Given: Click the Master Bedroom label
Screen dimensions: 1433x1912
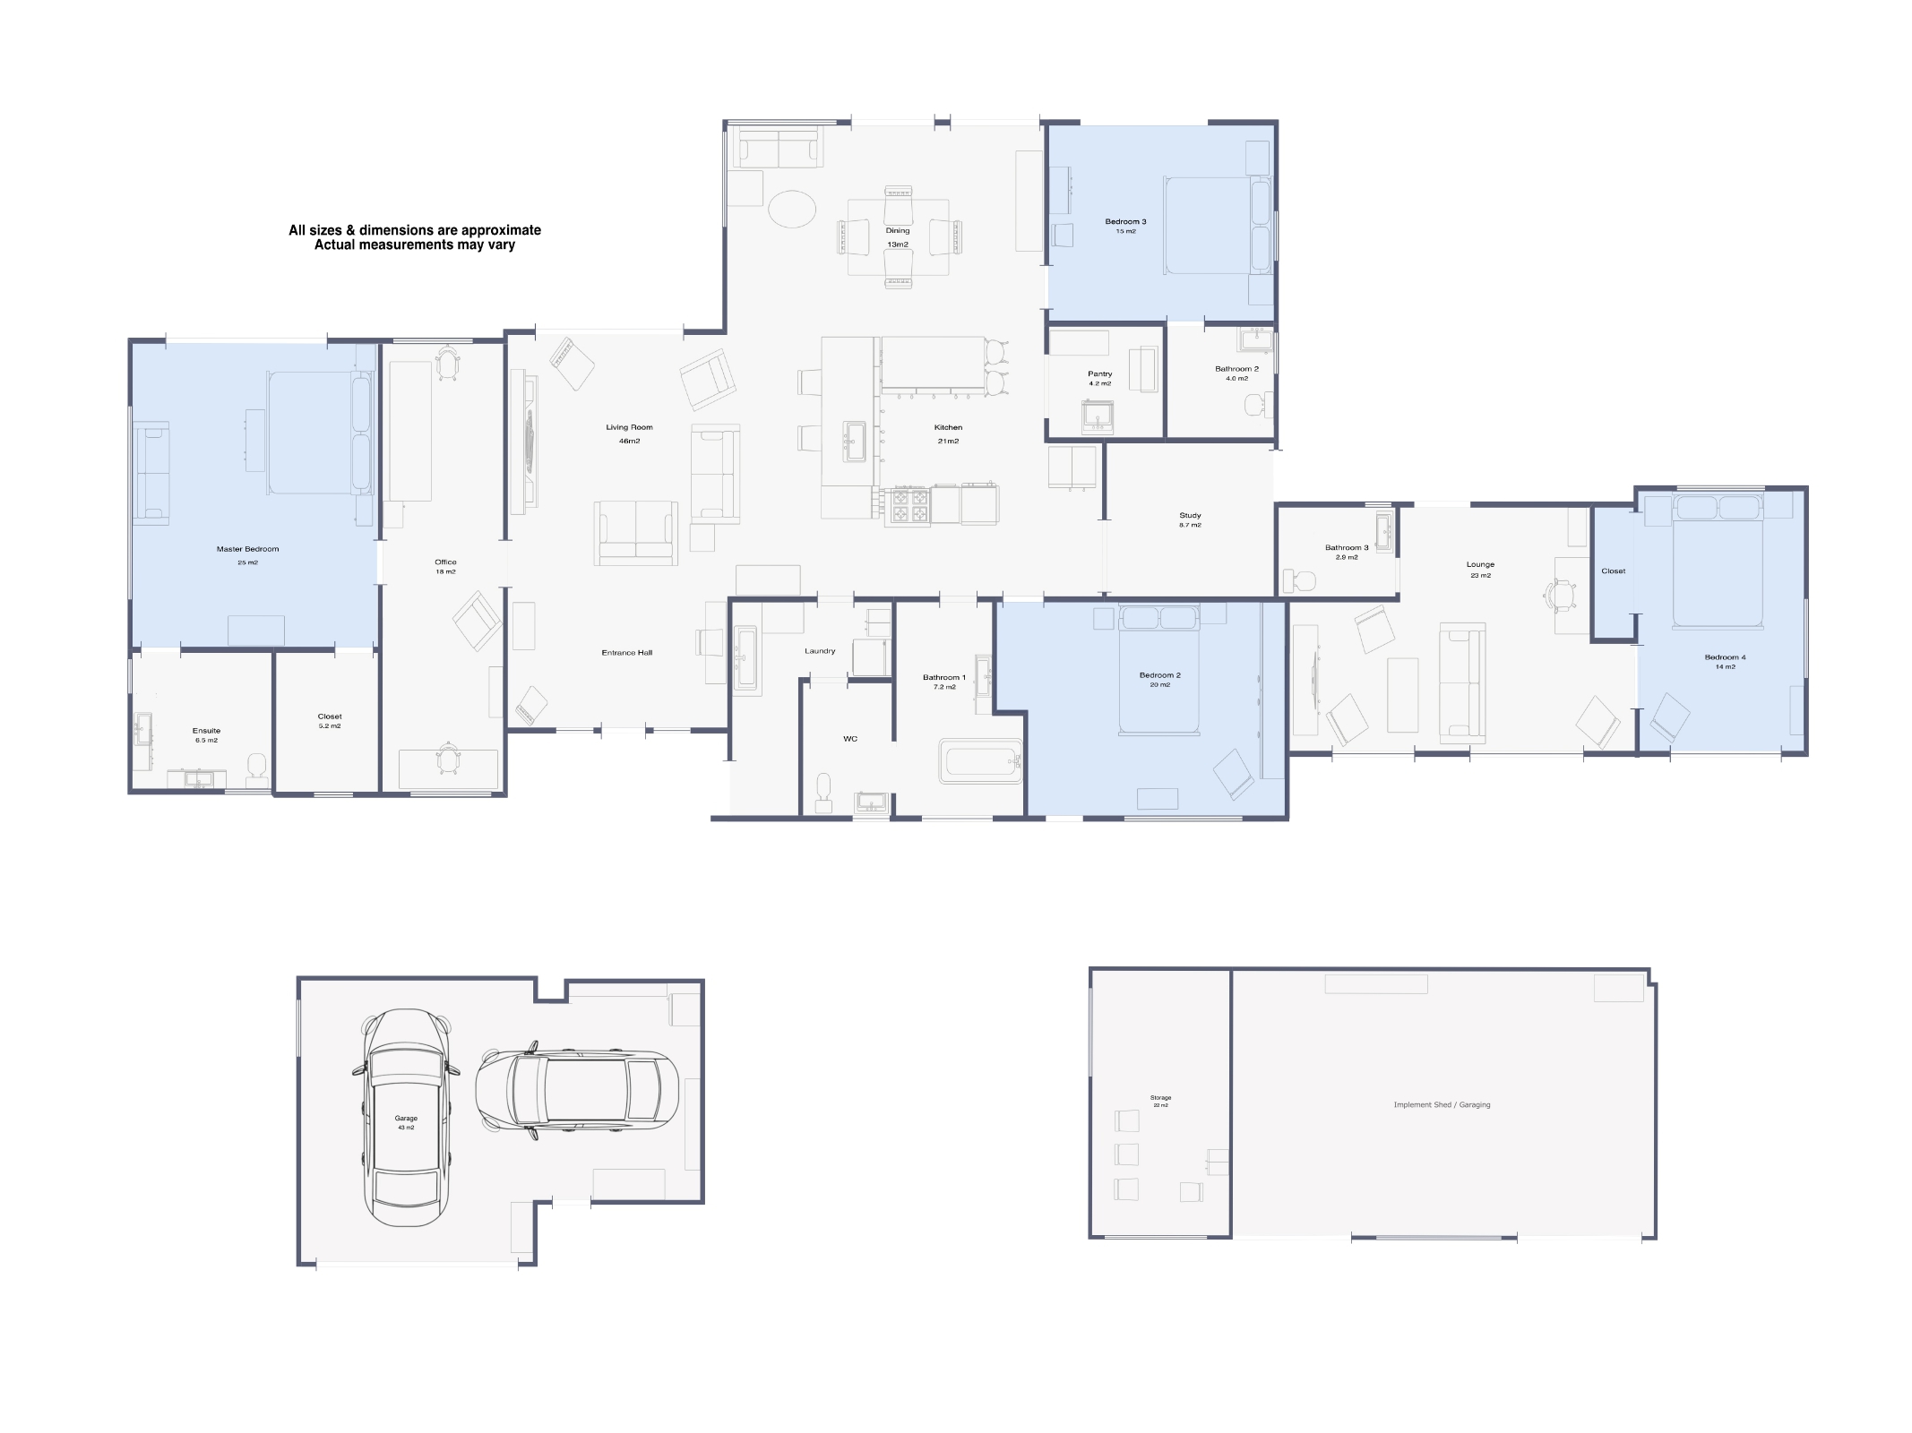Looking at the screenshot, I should click(x=247, y=549).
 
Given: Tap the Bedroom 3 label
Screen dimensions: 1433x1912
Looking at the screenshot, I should click(x=1125, y=221).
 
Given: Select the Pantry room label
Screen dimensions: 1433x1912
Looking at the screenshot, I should click(x=1099, y=373).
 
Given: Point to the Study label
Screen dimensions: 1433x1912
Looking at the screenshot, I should click(x=1190, y=515).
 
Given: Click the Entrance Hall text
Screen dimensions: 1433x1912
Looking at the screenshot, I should click(x=626, y=653).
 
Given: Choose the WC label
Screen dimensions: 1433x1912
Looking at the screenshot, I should click(x=850, y=739).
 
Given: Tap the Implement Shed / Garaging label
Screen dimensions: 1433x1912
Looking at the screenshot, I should click(x=1442, y=1104).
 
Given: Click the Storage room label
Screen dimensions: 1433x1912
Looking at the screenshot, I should click(x=1160, y=1097).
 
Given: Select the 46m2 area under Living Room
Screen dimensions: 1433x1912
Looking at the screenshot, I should click(x=629, y=441).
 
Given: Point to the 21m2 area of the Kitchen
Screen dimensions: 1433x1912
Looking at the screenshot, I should click(x=948, y=441).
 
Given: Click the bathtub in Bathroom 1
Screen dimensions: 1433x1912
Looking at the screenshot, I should click(x=981, y=761).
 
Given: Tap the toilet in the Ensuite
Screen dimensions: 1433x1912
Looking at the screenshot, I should click(x=257, y=766).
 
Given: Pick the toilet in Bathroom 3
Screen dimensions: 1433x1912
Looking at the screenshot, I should click(x=1299, y=580).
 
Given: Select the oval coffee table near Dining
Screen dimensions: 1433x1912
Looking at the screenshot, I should click(x=792, y=209).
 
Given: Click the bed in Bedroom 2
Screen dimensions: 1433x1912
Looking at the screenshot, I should click(x=1158, y=672).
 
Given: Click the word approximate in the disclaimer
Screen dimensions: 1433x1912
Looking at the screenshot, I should click(x=501, y=230).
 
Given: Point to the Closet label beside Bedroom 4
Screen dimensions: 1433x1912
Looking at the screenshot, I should click(x=1613, y=571).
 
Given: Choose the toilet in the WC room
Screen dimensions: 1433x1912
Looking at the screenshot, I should click(x=824, y=791).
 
